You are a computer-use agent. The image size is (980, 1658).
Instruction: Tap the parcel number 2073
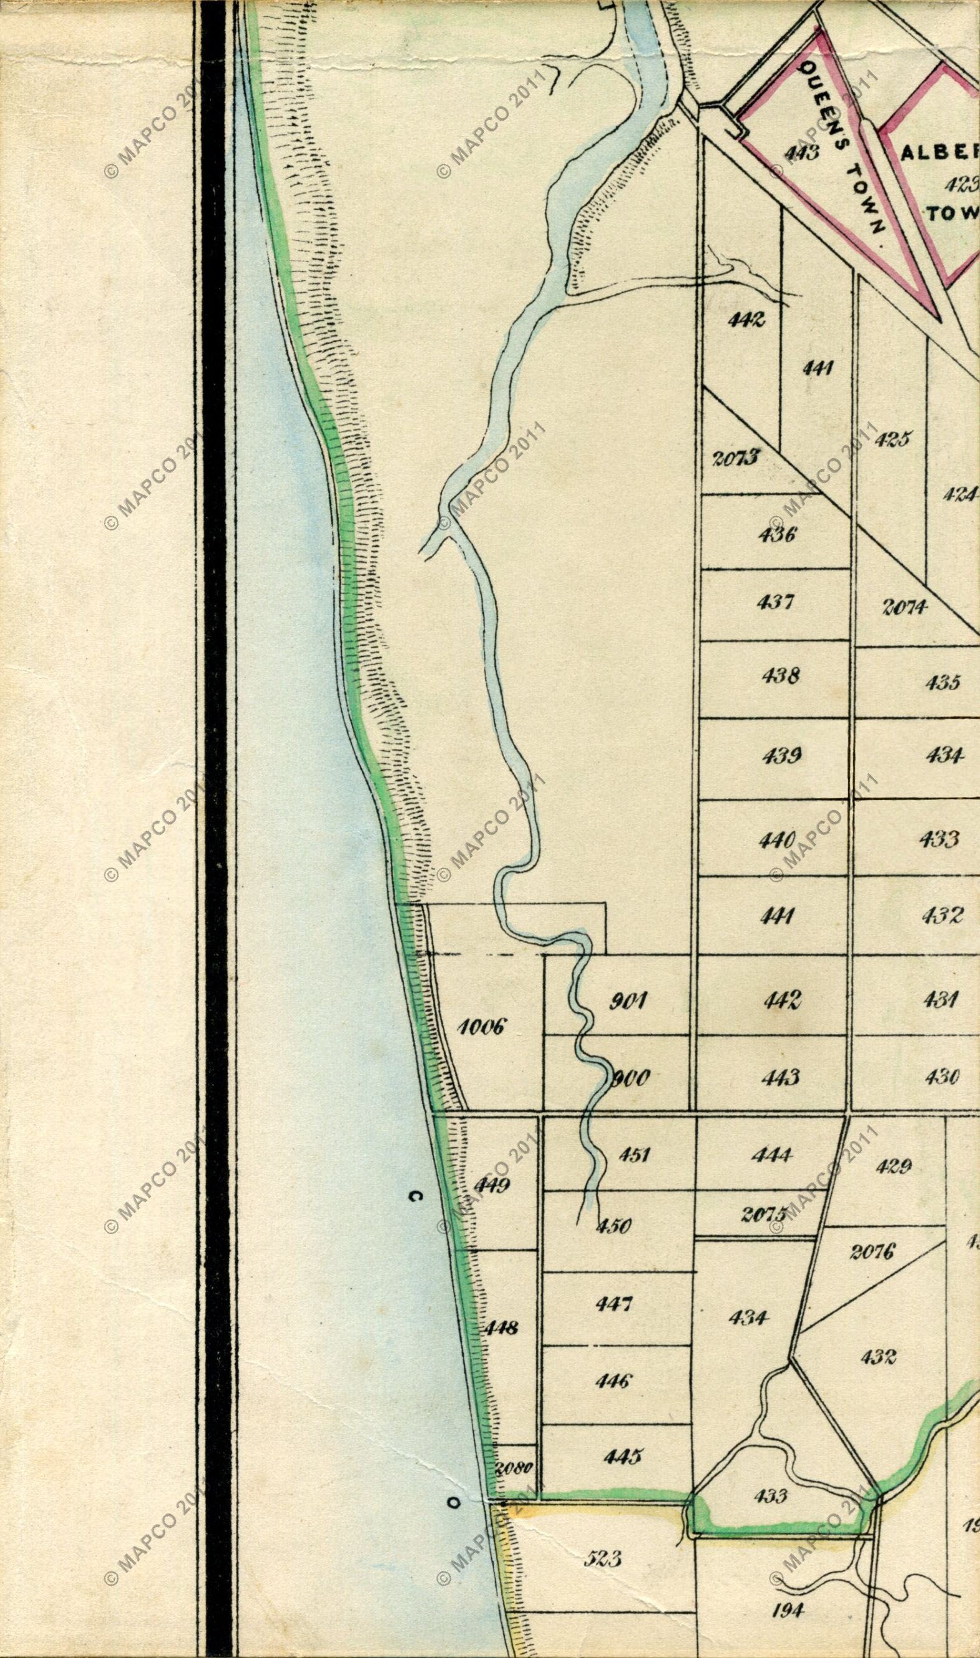point(736,457)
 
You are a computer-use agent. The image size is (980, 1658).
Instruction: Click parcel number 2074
point(905,607)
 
